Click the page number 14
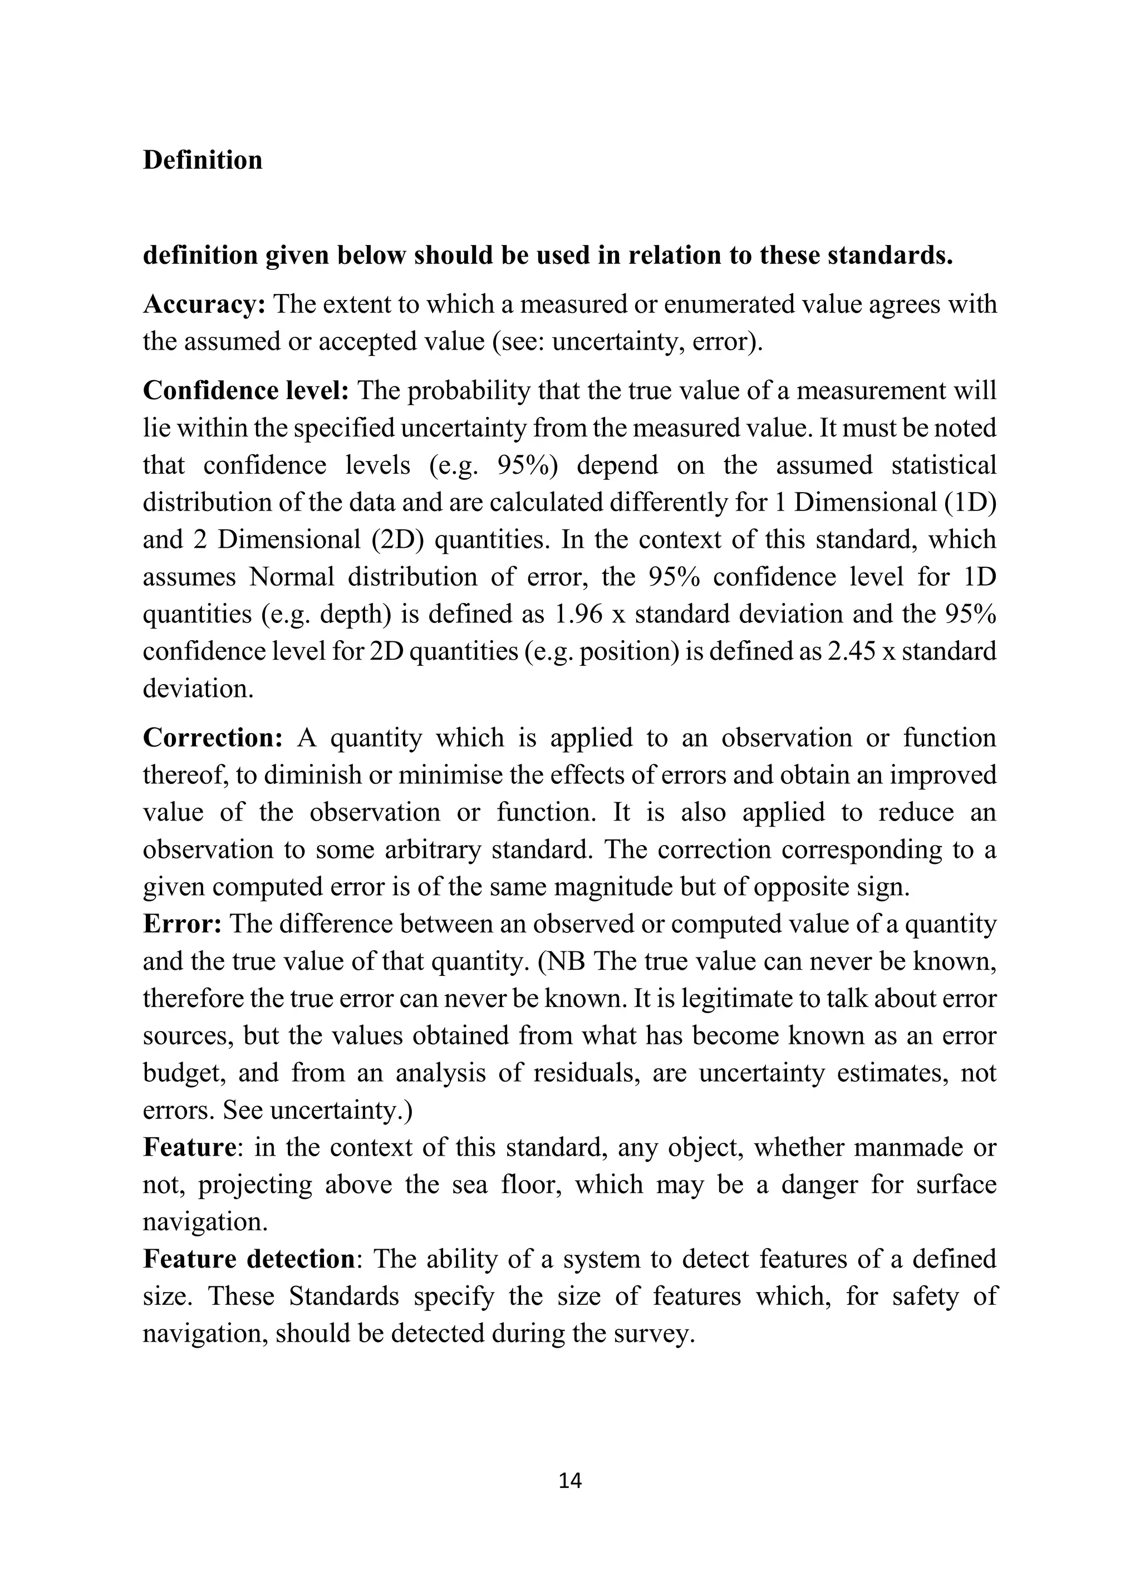(x=569, y=1481)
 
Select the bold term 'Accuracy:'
(x=204, y=305)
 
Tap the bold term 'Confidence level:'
(x=245, y=391)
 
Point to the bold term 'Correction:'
(x=213, y=738)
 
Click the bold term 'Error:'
(x=183, y=924)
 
